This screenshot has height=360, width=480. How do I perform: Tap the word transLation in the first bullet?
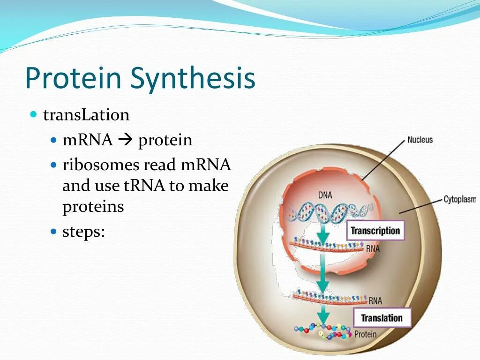86,115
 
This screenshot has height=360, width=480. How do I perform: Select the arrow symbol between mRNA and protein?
125,140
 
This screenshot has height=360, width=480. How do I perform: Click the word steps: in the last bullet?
83,232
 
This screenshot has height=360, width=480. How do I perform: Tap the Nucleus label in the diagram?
420,140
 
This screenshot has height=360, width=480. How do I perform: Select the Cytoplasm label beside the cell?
459,199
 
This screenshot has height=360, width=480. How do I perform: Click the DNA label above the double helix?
325,195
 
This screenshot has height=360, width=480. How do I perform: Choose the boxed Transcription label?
375,231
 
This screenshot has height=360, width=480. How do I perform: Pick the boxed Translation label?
382,318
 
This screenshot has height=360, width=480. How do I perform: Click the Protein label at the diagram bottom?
365,334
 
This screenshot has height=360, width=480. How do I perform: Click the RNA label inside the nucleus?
373,249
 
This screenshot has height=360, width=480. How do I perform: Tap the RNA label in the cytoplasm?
375,300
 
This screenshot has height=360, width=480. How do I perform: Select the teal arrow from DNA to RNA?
322,234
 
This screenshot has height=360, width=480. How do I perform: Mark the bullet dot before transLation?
33,114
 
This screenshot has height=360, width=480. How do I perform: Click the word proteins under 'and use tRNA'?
93,206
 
